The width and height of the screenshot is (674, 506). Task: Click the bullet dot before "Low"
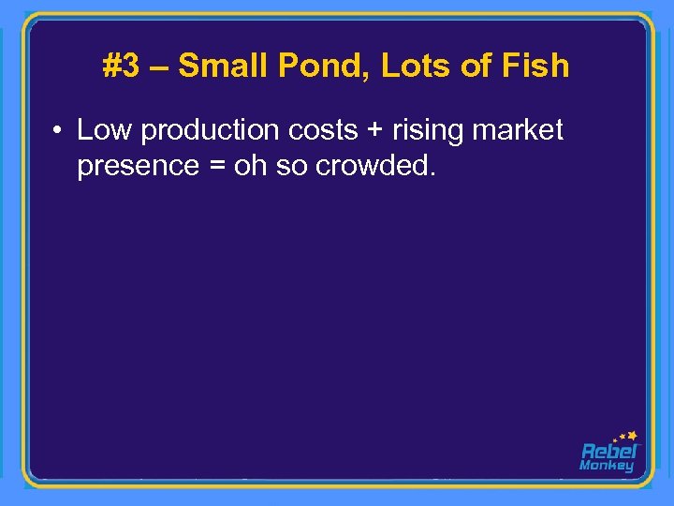click(58, 131)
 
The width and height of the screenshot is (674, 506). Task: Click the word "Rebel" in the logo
click(608, 451)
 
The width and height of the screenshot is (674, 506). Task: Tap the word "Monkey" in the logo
click(607, 466)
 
